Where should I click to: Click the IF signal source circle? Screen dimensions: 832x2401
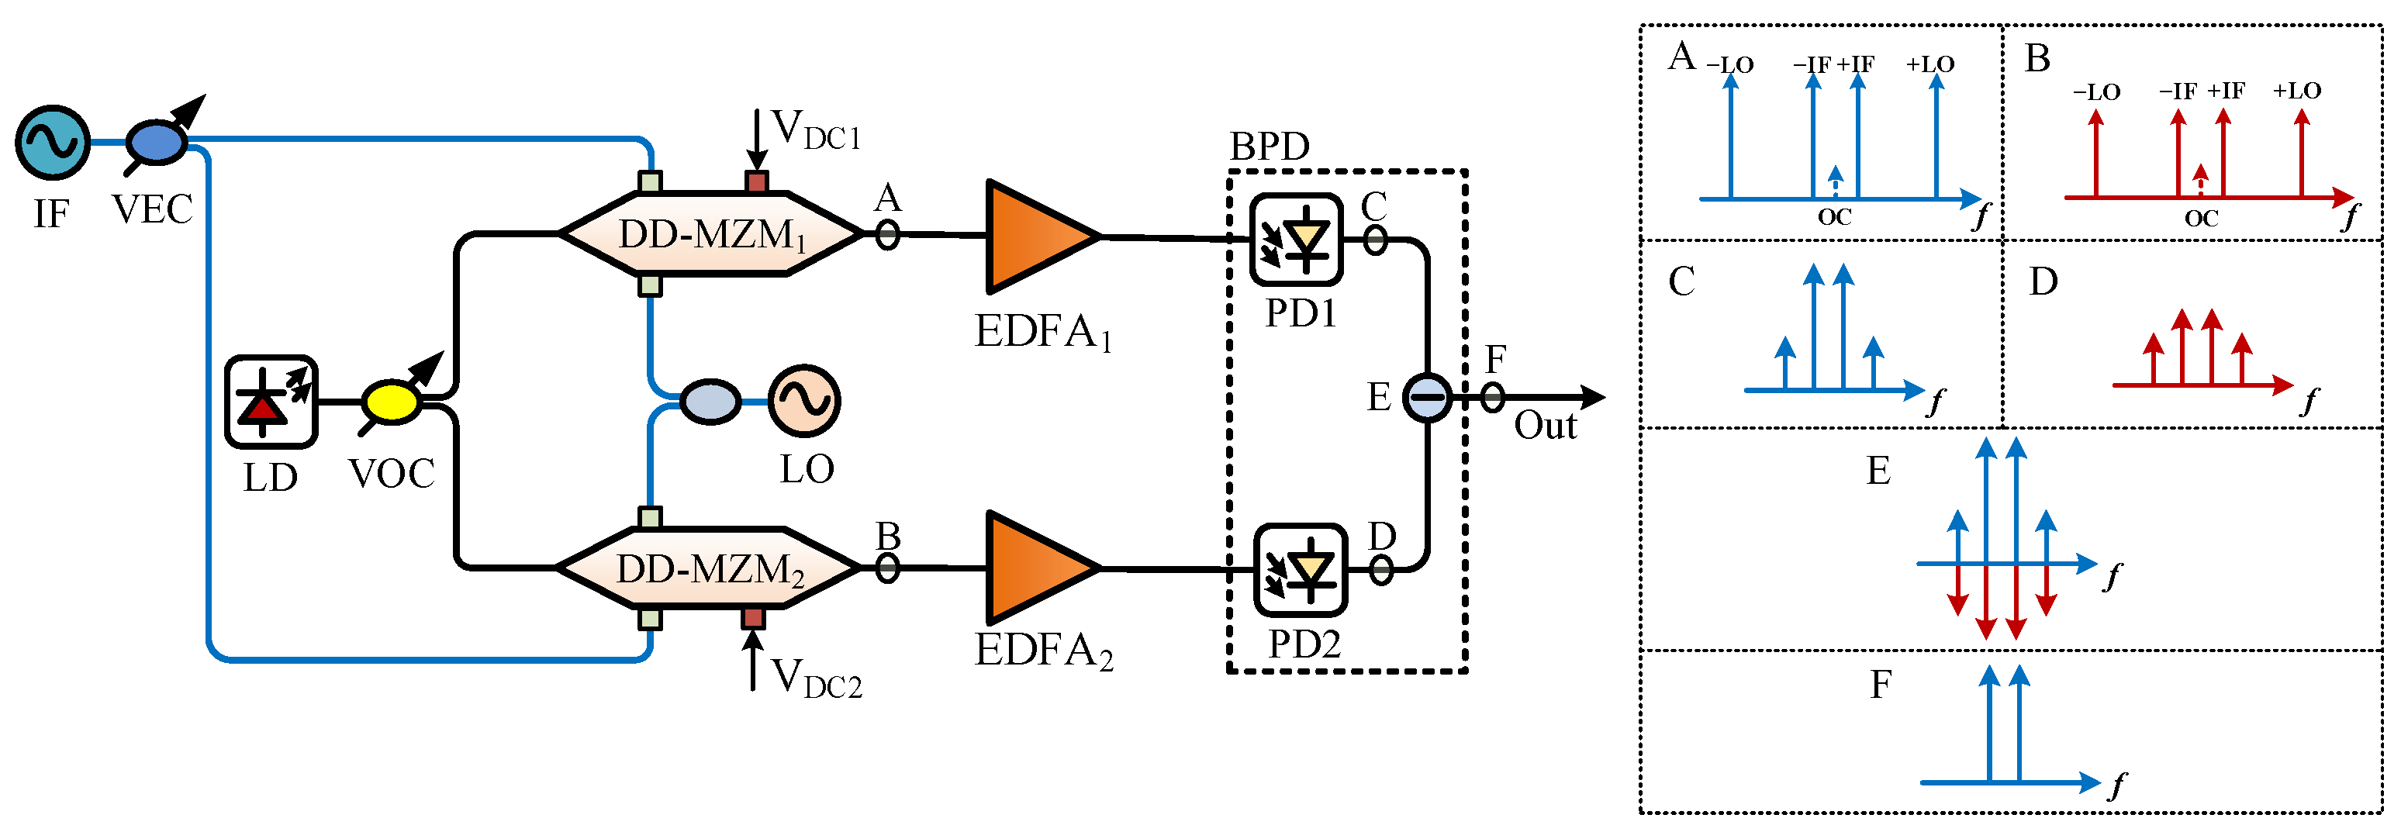(x=52, y=143)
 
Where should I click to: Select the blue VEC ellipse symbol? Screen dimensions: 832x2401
(x=156, y=143)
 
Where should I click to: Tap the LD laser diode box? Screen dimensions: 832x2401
(x=271, y=402)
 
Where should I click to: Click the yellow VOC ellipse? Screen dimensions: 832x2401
(x=392, y=402)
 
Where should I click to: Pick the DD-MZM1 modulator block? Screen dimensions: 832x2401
(x=711, y=234)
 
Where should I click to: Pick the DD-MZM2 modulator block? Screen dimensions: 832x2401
(x=708, y=568)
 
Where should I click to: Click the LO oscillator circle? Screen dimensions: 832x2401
(x=803, y=401)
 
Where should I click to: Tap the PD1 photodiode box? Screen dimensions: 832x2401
(x=1296, y=240)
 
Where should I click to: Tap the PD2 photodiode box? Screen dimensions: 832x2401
(x=1301, y=569)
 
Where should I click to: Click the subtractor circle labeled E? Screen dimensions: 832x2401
(x=1427, y=398)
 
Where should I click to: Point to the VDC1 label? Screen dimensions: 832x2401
(x=817, y=130)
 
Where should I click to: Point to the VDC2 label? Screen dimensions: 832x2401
(x=817, y=678)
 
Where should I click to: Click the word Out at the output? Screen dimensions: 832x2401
(x=1544, y=426)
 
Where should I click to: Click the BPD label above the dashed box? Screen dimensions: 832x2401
(x=1270, y=147)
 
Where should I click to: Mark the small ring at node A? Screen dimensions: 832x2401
(x=887, y=234)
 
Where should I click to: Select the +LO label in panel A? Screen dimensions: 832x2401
(x=1930, y=64)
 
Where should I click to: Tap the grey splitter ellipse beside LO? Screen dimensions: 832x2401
(x=710, y=402)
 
